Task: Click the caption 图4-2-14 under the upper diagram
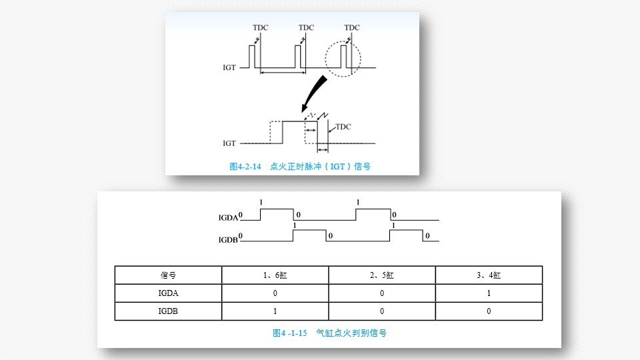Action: tap(245, 167)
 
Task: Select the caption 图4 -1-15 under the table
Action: tap(290, 333)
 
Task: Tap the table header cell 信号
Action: tap(168, 275)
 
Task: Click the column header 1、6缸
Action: tap(275, 275)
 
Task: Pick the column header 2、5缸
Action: tap(382, 275)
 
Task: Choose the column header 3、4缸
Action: tap(489, 275)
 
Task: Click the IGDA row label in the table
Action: tap(168, 293)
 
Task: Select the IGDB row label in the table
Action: tap(168, 311)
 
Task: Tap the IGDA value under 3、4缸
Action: tap(489, 293)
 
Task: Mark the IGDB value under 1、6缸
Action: tap(275, 311)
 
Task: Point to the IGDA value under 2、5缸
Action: tap(382, 293)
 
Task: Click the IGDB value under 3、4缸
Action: tap(489, 311)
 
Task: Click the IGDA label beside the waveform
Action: tap(228, 218)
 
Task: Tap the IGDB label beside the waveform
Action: tap(228, 240)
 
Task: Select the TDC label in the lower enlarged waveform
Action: tap(343, 127)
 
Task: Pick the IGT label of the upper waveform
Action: tap(229, 68)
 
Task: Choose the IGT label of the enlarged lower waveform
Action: tap(229, 143)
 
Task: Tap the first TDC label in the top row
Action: tap(261, 28)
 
